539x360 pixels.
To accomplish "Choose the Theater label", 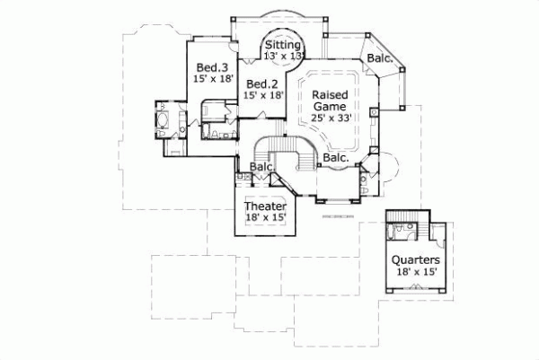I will point(266,205).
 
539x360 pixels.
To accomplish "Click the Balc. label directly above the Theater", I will point(261,168).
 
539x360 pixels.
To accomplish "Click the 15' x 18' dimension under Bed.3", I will point(212,80).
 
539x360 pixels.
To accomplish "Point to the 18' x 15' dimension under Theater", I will point(266,216).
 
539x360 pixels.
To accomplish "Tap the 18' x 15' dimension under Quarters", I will point(416,273).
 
